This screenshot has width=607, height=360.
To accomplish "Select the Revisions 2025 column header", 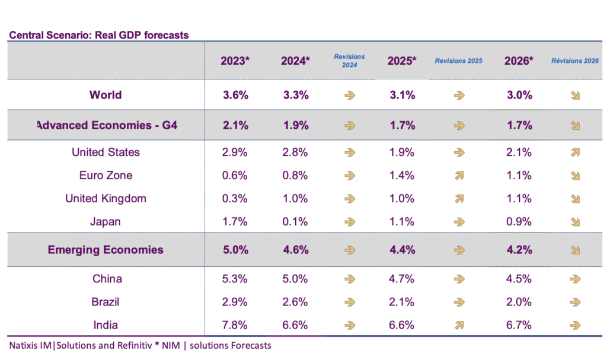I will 458,61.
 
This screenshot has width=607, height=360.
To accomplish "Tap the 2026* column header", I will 519,61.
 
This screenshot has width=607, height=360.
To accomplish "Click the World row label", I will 106,95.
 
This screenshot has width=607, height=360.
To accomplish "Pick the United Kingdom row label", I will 106,199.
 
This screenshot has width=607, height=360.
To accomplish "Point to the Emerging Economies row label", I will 106,250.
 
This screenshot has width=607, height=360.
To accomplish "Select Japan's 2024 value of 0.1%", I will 295,222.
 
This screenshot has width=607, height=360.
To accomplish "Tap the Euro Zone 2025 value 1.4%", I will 402,176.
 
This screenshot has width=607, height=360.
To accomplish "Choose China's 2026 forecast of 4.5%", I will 519,279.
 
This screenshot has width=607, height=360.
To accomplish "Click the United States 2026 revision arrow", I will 574,152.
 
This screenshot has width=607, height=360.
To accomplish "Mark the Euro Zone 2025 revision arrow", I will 458,176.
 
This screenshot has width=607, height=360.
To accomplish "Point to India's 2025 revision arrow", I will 458,325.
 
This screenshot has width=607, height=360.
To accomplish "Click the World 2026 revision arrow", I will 574,95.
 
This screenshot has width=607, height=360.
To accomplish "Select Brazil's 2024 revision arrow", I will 350,302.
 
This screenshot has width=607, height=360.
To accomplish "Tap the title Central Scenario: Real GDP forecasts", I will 98,35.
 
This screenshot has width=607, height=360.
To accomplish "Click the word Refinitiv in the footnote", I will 136,345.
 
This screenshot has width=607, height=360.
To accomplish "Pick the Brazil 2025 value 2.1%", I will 402,302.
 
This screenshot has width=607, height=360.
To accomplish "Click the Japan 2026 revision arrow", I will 574,222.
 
